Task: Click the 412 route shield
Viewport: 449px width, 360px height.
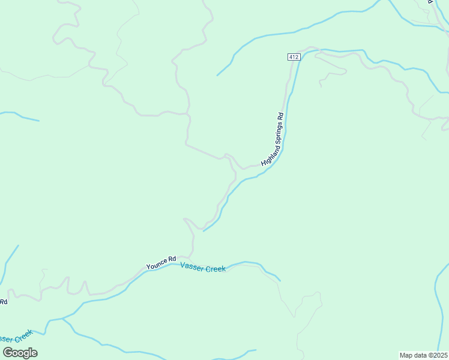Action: click(x=293, y=57)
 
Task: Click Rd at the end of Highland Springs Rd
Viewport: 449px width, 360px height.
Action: click(x=280, y=116)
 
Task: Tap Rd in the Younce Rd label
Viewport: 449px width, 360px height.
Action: click(x=171, y=260)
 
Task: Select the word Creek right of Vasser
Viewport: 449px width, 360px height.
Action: click(x=215, y=269)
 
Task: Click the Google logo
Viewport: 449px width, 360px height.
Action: click(x=20, y=352)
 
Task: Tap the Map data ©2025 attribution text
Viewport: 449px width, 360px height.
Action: click(x=423, y=355)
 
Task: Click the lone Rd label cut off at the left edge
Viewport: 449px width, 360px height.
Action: click(x=3, y=301)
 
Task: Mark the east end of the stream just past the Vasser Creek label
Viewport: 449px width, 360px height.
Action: click(x=280, y=280)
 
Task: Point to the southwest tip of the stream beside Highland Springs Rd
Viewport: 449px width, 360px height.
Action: click(x=204, y=230)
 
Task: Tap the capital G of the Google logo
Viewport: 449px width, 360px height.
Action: click(x=8, y=352)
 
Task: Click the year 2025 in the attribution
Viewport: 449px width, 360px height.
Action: click(x=439, y=355)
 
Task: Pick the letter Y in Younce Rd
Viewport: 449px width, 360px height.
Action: click(x=148, y=266)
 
